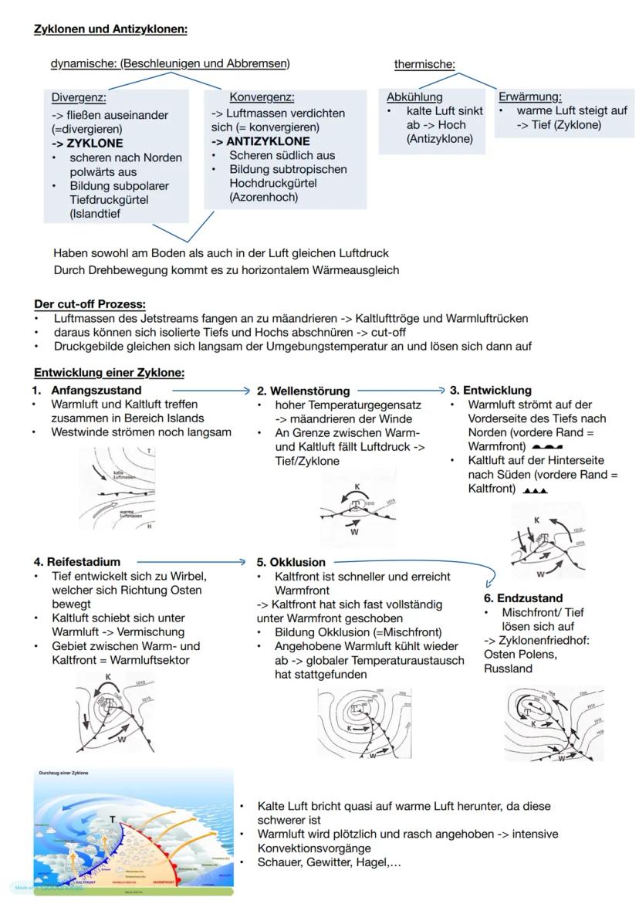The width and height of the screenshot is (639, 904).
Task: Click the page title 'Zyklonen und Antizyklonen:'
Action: pos(110,29)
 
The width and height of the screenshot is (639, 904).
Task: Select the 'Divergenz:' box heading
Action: pos(79,98)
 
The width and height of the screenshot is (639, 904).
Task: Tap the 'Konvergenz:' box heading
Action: pos(262,97)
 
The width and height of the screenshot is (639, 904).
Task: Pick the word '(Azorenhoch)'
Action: pos(263,197)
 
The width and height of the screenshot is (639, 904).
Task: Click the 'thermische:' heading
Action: pos(424,64)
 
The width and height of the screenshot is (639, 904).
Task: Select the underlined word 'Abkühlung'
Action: pos(414,96)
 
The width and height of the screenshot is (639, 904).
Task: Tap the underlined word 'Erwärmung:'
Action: pos(530,96)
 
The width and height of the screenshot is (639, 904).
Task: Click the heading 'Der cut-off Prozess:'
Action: pos(90,304)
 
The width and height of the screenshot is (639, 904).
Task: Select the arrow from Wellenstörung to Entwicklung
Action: pos(401,391)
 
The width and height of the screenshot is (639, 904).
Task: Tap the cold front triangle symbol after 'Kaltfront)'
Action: pos(535,489)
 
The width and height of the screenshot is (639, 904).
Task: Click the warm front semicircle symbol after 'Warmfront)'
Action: pos(547,447)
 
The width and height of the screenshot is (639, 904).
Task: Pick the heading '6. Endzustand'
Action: pos(523,598)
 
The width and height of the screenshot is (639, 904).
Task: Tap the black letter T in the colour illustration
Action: pos(113,819)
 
